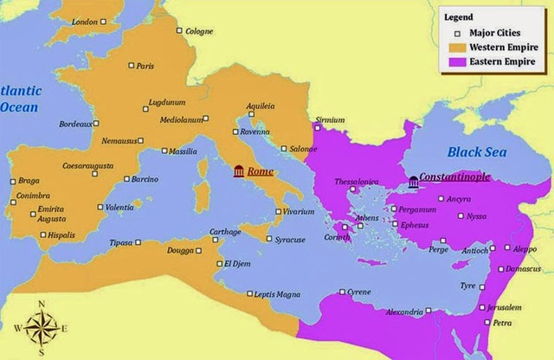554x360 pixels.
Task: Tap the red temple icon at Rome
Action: (x=238, y=172)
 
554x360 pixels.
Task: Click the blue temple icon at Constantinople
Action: (x=413, y=181)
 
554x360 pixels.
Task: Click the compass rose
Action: (x=42, y=327)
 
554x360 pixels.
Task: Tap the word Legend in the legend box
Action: (x=459, y=16)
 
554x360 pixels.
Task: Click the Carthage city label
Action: (x=226, y=232)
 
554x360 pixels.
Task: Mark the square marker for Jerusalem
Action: (x=481, y=308)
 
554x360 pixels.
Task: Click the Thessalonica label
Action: (x=357, y=182)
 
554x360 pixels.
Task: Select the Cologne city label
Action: (x=198, y=31)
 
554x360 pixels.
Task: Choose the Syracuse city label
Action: (x=291, y=239)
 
